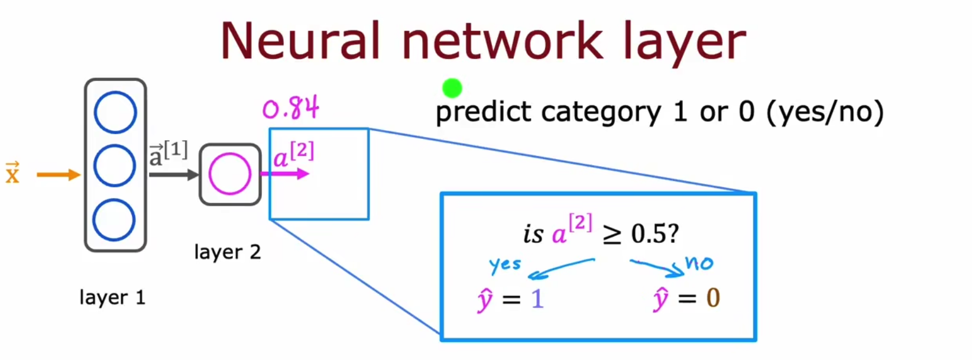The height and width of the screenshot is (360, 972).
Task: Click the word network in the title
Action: (x=502, y=41)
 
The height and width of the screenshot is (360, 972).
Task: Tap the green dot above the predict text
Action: (x=452, y=89)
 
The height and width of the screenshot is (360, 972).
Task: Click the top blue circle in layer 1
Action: (x=115, y=112)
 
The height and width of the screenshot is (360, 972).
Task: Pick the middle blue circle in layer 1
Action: (x=115, y=166)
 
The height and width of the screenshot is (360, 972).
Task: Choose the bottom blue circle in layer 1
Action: (x=114, y=220)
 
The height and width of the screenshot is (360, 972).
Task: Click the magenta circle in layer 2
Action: (x=229, y=174)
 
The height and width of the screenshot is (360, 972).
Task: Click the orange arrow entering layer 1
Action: (x=58, y=174)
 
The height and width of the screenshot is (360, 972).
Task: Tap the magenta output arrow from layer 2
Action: (x=286, y=174)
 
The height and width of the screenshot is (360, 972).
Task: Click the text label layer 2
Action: (x=227, y=252)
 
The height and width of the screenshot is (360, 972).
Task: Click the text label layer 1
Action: (x=112, y=297)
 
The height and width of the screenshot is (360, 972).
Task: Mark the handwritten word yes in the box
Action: (x=506, y=265)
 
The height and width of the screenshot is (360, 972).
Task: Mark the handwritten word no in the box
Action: (x=699, y=262)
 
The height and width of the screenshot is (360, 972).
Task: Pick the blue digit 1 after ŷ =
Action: (x=537, y=299)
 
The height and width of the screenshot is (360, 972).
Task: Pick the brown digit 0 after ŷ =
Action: (x=713, y=297)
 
